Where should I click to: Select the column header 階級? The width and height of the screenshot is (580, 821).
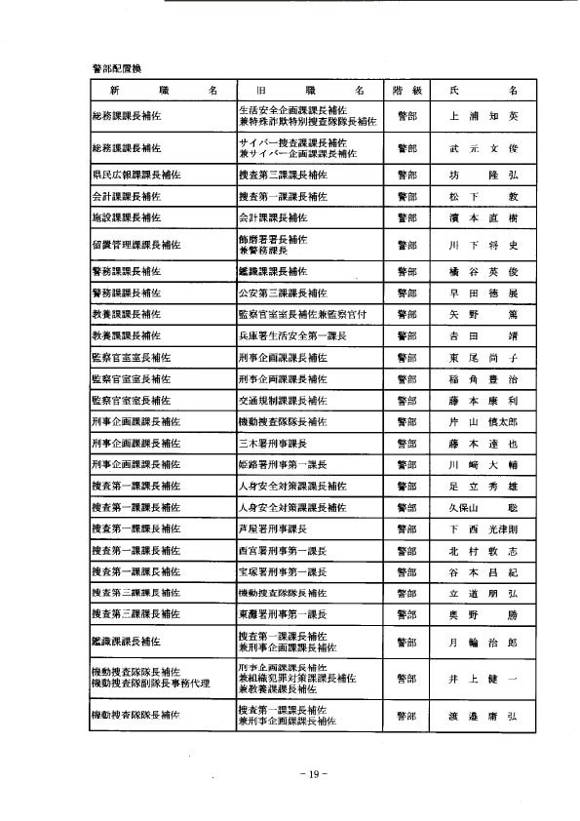pyautogui.click(x=406, y=89)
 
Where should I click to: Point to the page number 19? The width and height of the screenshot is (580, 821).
pyautogui.click(x=310, y=774)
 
